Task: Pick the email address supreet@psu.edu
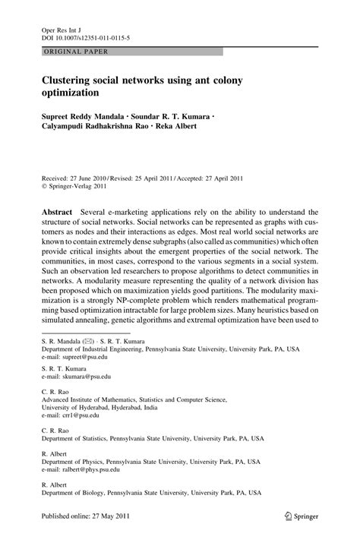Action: [85, 355]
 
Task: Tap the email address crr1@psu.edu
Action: [80, 416]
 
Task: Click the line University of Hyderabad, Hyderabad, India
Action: [99, 407]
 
